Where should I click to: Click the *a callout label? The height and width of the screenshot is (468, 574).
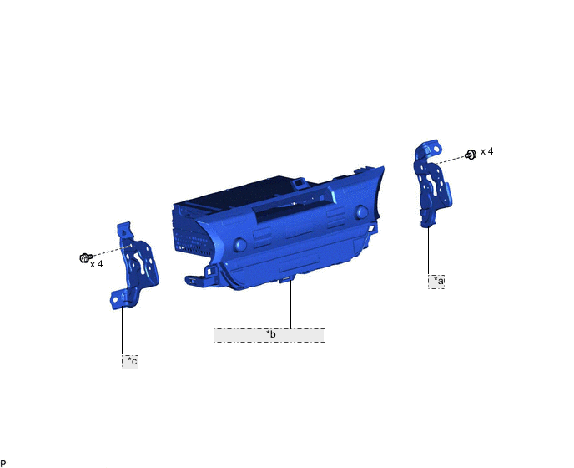pyautogui.click(x=436, y=282)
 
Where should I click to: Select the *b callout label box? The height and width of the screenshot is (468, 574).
pyautogui.click(x=269, y=335)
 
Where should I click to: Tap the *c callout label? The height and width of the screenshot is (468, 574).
pyautogui.click(x=130, y=362)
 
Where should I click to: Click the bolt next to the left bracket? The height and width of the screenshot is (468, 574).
pyautogui.click(x=84, y=257)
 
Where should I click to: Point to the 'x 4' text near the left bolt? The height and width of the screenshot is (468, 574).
pyautogui.click(x=97, y=264)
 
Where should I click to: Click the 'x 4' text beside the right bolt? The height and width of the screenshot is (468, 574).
pyautogui.click(x=486, y=151)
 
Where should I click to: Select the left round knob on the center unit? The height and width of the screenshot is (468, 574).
pyautogui.click(x=239, y=245)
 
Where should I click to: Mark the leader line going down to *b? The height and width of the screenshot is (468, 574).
pyautogui.click(x=290, y=305)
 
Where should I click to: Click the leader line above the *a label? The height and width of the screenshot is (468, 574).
pyautogui.click(x=429, y=251)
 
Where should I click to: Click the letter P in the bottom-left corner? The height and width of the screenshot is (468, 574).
pyautogui.click(x=3, y=463)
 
